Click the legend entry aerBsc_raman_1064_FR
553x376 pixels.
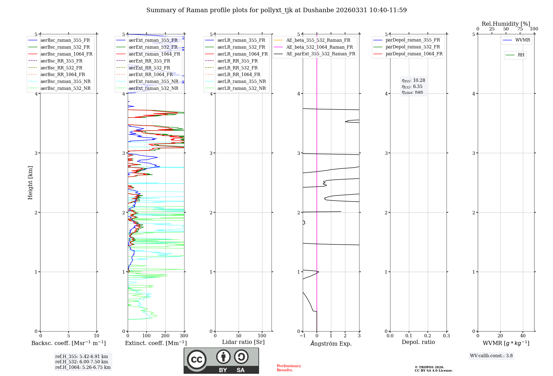[x=66, y=54]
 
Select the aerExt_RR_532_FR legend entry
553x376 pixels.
[x=149, y=68]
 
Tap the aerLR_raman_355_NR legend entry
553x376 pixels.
[x=241, y=81]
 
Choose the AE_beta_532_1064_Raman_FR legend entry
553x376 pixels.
[x=319, y=47]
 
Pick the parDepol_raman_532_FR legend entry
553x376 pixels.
[x=413, y=47]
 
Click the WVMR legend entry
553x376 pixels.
[x=523, y=40]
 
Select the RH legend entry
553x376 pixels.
[x=521, y=55]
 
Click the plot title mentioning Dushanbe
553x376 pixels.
[x=276, y=10]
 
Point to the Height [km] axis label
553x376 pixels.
[x=30, y=183]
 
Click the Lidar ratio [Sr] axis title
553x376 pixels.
[x=243, y=342]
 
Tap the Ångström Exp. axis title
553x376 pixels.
[x=331, y=344]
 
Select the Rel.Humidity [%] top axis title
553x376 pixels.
[x=506, y=24]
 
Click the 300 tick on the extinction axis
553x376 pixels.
[x=184, y=336]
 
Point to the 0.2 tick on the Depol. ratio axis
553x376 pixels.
[x=428, y=336]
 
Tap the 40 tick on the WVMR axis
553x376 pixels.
[x=523, y=336]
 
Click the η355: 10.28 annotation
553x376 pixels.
[x=413, y=80]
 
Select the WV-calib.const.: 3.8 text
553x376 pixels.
[x=491, y=356]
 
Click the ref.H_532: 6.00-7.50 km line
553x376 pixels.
[x=82, y=362]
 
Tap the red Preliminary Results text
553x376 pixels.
[x=289, y=368]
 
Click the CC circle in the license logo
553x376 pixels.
[x=197, y=360]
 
